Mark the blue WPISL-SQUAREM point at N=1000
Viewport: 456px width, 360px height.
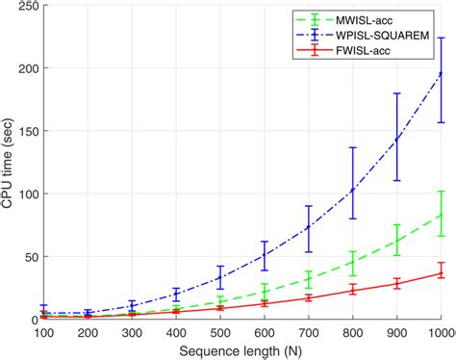441,72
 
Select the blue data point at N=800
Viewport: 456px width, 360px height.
352,191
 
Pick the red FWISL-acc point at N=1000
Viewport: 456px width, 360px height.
441,272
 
